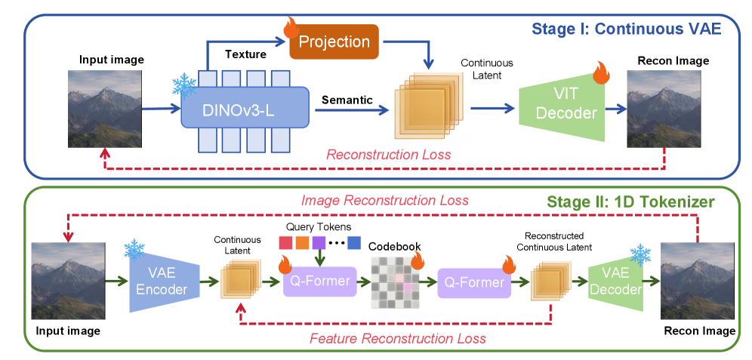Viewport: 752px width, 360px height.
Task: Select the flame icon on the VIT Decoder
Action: pyautogui.click(x=601, y=73)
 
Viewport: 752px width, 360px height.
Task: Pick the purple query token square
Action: pyautogui.click(x=319, y=243)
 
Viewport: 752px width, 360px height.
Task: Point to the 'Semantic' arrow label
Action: pyautogui.click(x=347, y=99)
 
